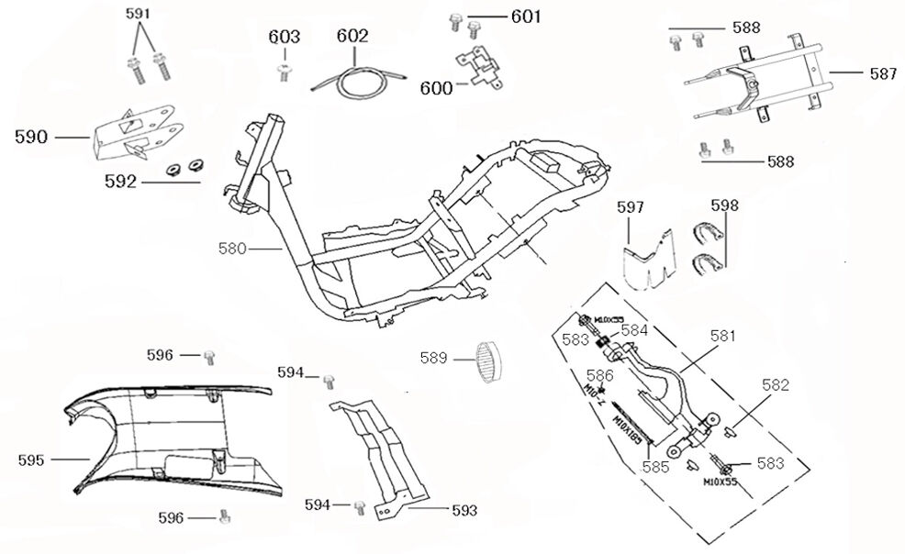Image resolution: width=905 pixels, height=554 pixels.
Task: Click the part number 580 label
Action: point(233,248)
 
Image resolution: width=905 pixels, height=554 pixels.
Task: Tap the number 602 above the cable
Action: point(352,36)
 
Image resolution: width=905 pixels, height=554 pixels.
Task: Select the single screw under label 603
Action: point(285,70)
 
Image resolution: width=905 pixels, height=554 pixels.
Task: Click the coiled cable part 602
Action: point(349,81)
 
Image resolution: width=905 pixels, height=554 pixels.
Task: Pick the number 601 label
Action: point(526,17)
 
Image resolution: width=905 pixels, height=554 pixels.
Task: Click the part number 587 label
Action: point(883,74)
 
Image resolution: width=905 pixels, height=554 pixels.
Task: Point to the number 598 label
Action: point(724,206)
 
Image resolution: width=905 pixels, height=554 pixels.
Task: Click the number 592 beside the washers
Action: point(120,182)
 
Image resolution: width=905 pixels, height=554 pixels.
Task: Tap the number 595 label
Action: point(30,460)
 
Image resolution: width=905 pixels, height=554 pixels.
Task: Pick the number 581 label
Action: point(723,337)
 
